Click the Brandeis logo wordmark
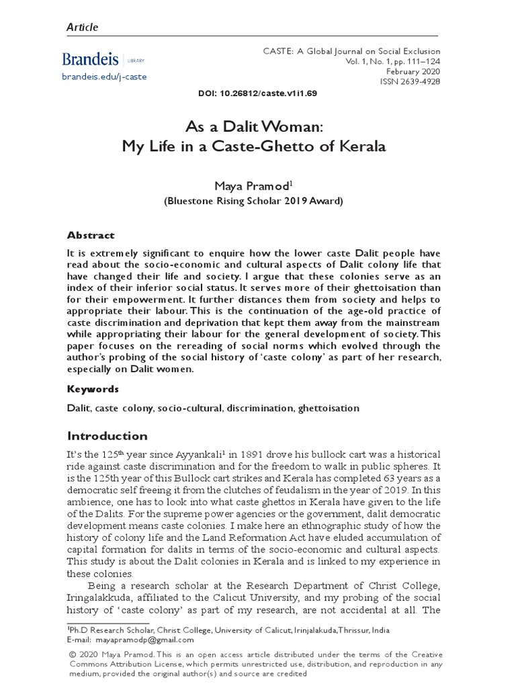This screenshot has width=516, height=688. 91,58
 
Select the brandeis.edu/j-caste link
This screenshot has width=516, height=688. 104,77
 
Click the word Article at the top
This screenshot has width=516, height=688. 82,28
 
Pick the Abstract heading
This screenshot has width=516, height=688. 91,235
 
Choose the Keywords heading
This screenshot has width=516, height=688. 93,389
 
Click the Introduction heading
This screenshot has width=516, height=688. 107,436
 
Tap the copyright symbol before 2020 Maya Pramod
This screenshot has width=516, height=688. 71,654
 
